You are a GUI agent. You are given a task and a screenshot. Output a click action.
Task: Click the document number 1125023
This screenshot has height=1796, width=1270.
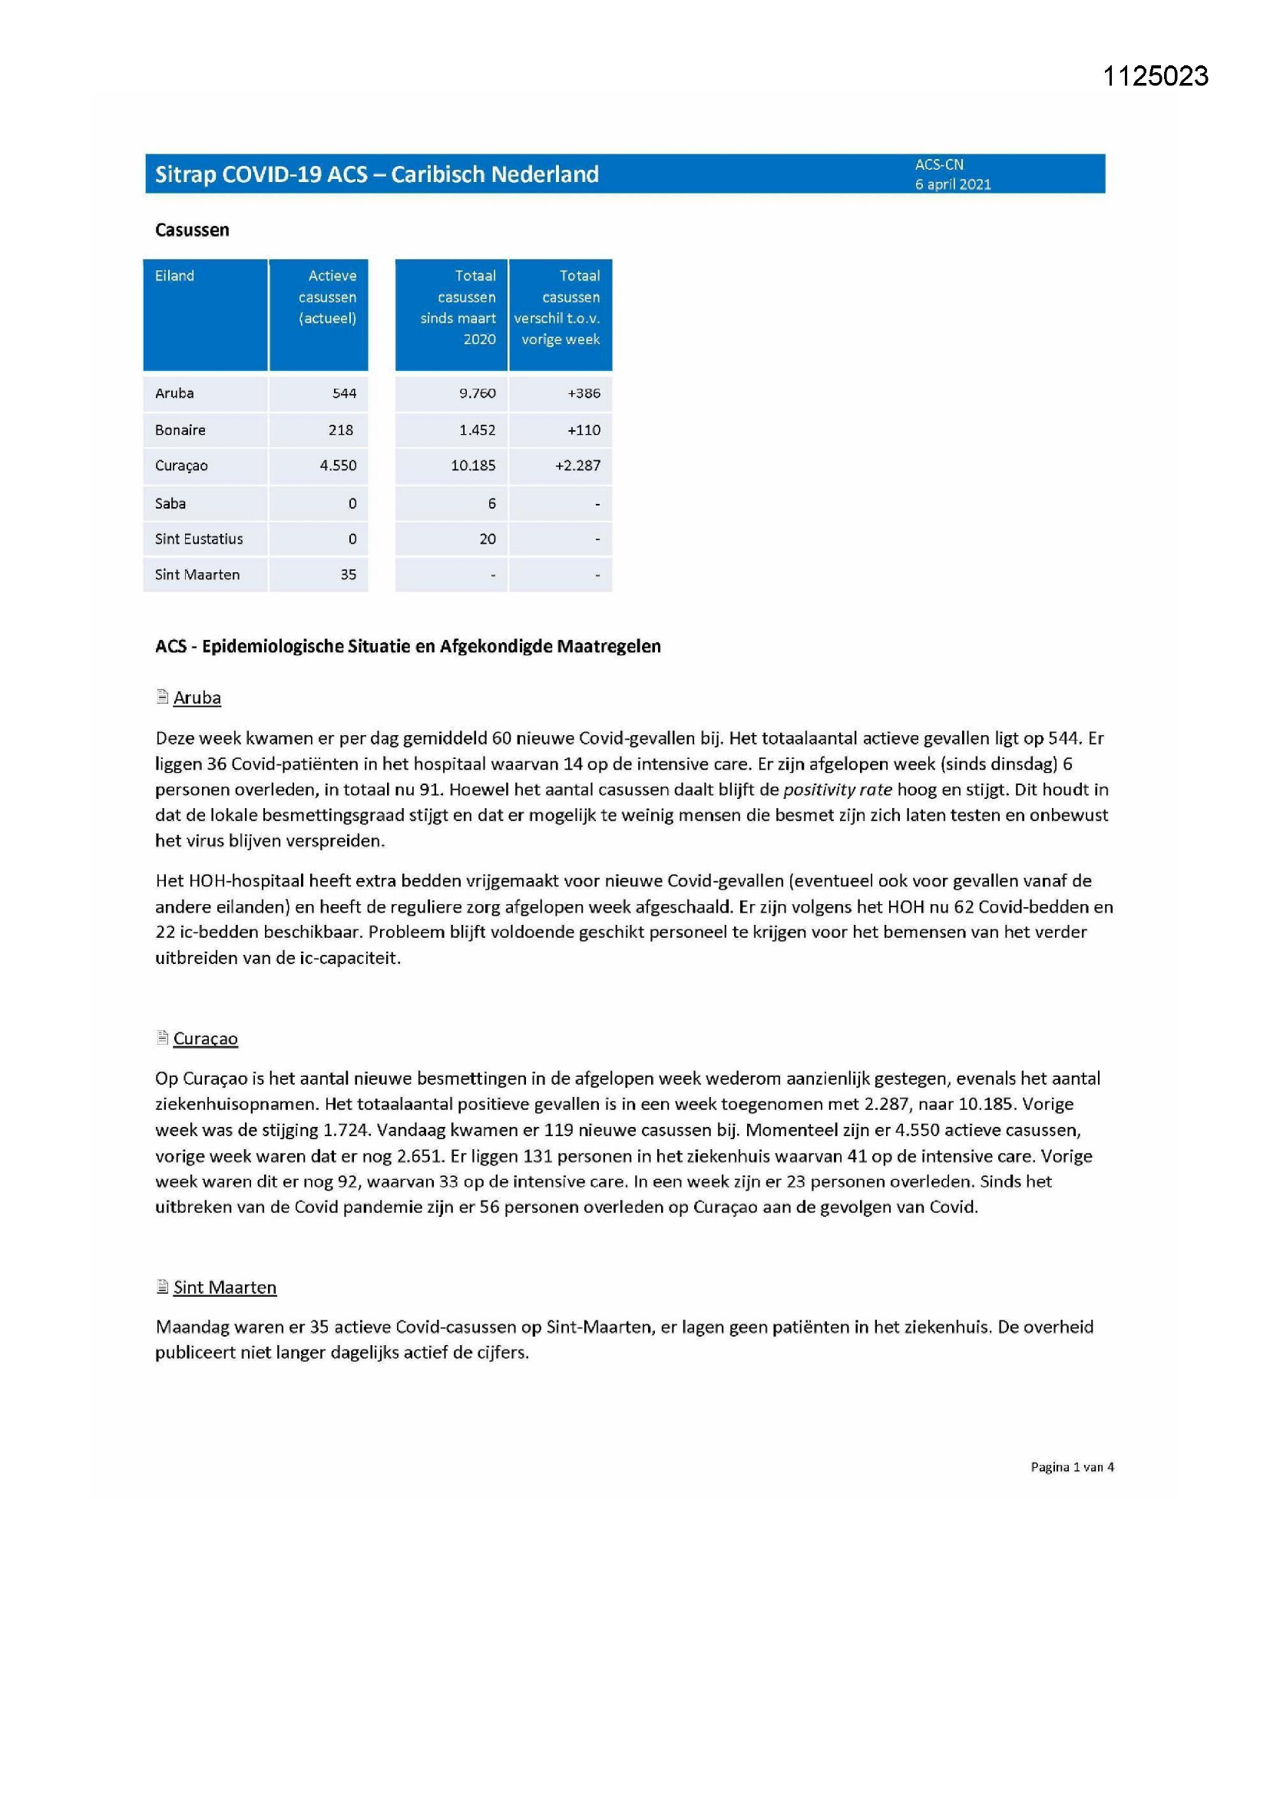(x=1155, y=76)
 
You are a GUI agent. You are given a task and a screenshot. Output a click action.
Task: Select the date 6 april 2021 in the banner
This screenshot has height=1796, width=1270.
(x=952, y=184)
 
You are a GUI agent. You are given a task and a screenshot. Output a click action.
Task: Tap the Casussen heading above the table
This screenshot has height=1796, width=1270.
(x=192, y=230)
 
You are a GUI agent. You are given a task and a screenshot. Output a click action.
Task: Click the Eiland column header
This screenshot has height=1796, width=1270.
(x=174, y=276)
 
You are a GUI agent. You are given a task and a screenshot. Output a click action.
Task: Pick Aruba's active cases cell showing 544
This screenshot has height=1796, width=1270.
(x=344, y=393)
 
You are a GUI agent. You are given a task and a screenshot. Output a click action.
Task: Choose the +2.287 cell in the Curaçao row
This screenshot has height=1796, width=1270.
(x=578, y=466)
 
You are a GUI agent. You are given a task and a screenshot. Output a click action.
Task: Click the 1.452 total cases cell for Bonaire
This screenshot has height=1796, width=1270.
(x=477, y=430)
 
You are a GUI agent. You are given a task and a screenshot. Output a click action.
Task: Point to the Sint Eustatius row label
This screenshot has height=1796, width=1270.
(x=199, y=539)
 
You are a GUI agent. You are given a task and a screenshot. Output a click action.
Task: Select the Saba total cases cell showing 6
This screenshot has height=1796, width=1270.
(x=492, y=504)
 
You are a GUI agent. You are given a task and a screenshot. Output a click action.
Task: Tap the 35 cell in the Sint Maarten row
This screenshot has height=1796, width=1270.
(x=348, y=575)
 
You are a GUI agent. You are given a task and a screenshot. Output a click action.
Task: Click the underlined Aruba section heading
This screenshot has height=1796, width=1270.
(x=197, y=698)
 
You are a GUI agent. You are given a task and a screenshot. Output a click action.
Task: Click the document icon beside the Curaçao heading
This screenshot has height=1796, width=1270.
(x=163, y=1037)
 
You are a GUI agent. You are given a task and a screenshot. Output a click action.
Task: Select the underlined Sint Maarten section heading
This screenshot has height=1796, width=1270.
(x=224, y=1287)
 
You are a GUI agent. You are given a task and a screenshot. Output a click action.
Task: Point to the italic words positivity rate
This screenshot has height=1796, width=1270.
(x=837, y=790)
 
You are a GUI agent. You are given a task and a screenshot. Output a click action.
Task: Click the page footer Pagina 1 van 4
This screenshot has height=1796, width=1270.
(x=1071, y=1467)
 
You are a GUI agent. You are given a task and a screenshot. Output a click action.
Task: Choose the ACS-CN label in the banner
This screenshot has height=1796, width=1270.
(x=939, y=165)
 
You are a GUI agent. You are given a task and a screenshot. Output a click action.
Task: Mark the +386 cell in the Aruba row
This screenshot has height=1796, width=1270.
(x=584, y=393)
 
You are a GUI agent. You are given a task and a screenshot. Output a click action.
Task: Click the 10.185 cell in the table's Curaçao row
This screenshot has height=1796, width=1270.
(x=473, y=466)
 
